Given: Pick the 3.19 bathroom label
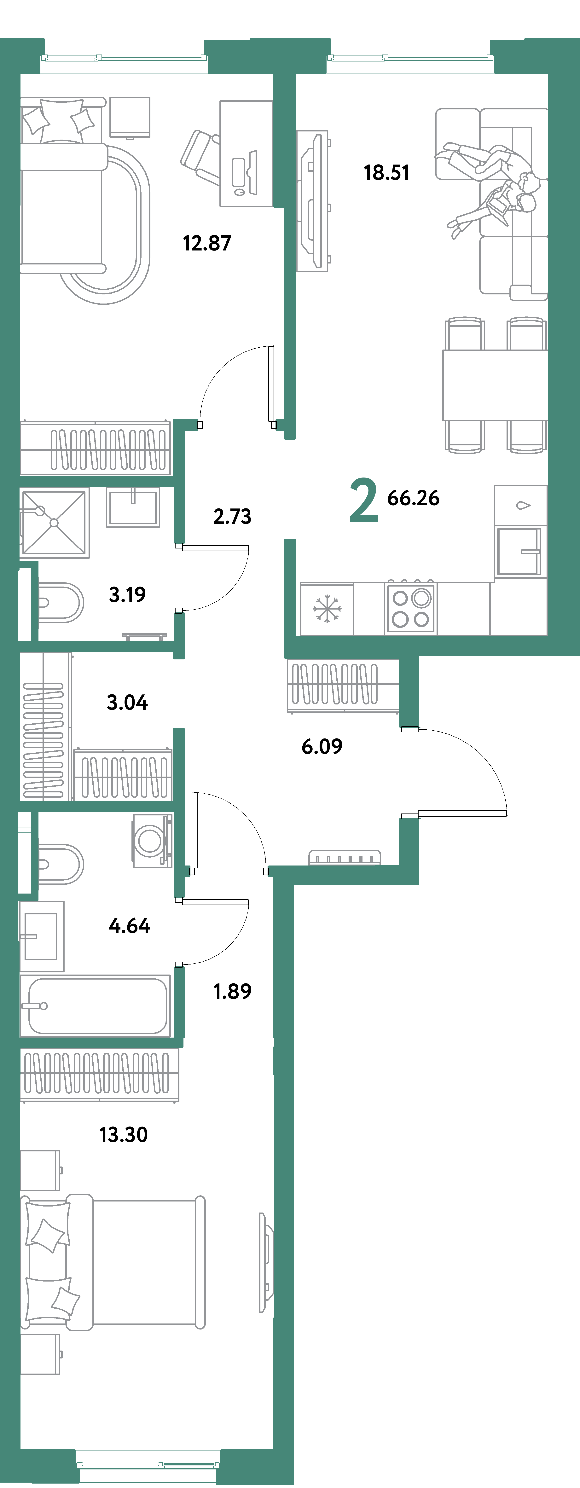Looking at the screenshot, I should tap(127, 594).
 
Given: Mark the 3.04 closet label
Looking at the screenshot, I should tap(127, 702).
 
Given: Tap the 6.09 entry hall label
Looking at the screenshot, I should tap(322, 746).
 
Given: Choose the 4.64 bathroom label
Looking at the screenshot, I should tap(129, 926).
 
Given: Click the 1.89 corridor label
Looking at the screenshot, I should tap(232, 991).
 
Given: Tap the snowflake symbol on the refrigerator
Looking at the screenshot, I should tap(327, 609).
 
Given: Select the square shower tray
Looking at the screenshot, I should tap(54, 522).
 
